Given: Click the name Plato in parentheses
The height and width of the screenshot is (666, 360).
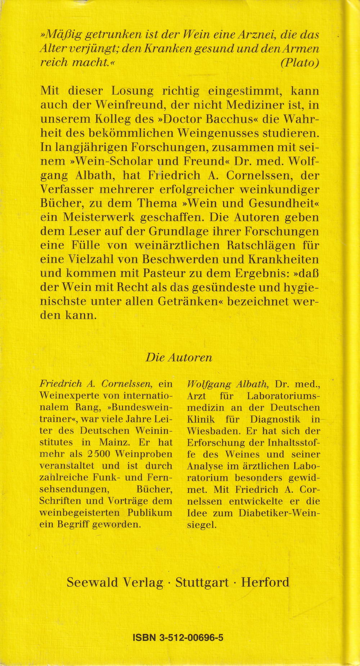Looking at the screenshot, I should (x=300, y=62).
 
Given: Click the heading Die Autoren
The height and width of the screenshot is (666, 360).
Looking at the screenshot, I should (x=179, y=357).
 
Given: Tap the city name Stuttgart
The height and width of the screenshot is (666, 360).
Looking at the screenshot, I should (x=202, y=582).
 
